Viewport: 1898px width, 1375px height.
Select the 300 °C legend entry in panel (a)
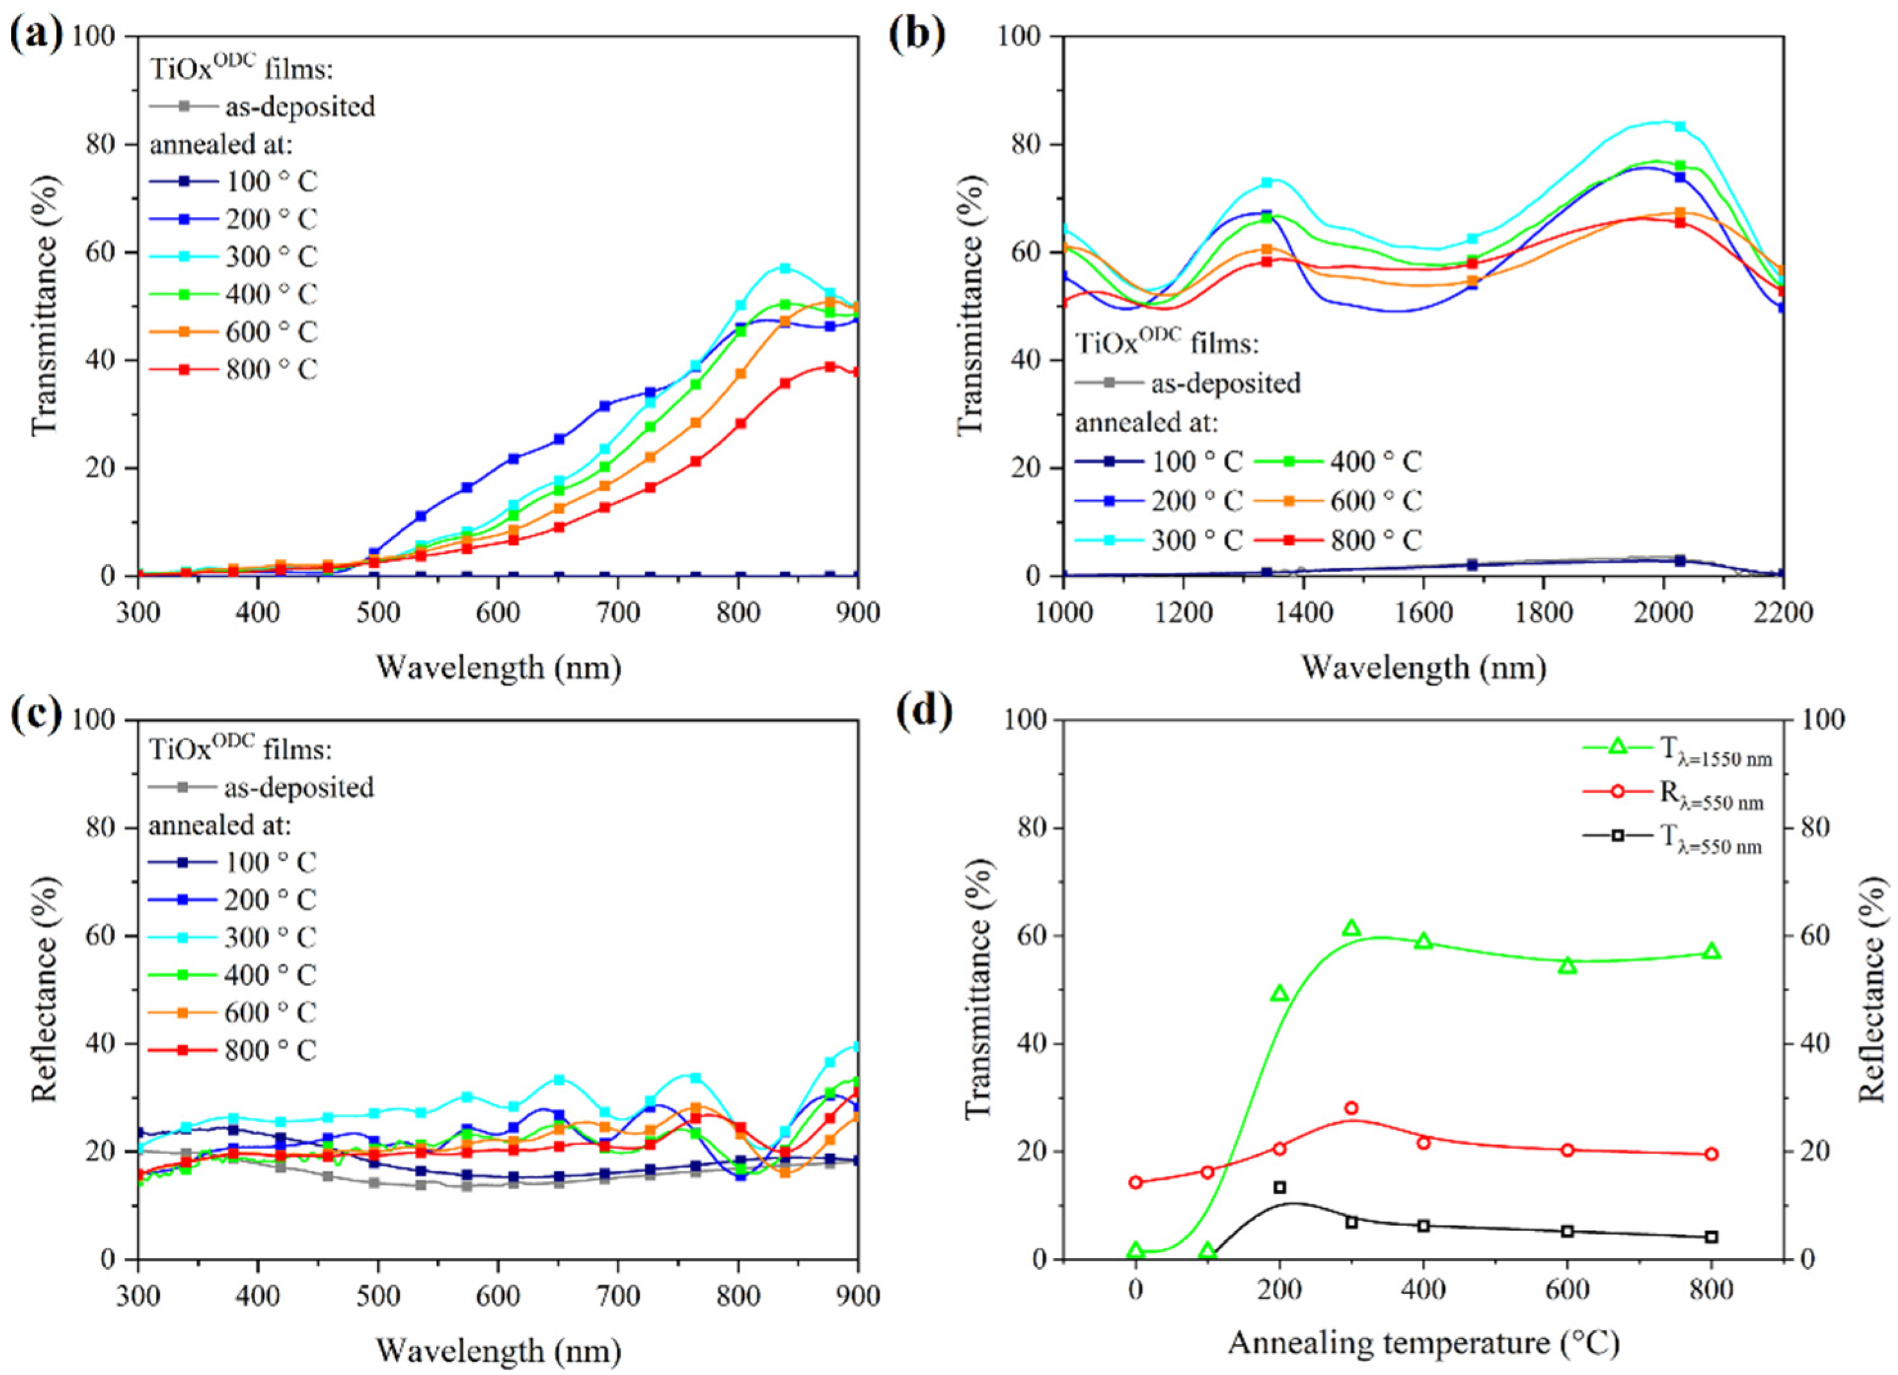click(234, 256)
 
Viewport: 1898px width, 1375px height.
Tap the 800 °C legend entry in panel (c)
click(234, 1050)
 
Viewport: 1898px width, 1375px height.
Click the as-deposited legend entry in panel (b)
click(1188, 383)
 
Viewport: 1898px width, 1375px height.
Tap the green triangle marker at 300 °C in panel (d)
click(1350, 928)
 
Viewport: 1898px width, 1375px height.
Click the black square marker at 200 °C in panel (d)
click(1279, 1187)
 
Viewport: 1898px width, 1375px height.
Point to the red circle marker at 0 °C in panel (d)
click(1135, 1182)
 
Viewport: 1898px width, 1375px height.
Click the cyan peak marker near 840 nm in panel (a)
click(785, 268)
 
